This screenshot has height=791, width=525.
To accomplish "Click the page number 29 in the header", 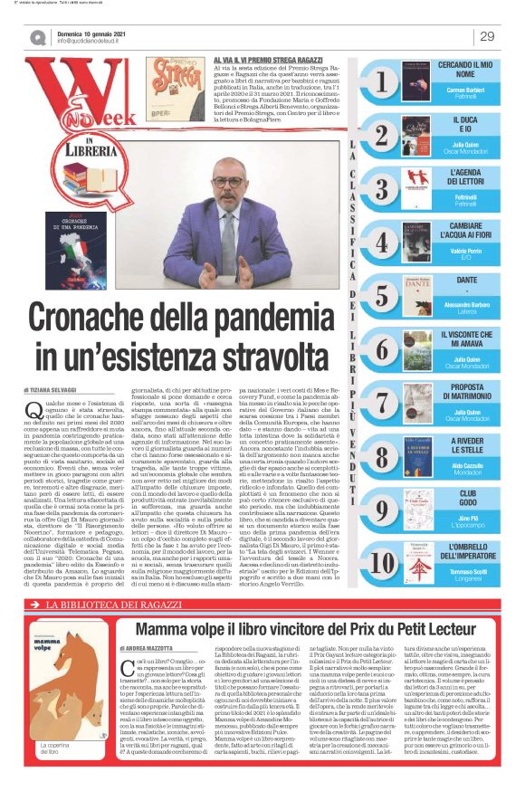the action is [487, 36].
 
